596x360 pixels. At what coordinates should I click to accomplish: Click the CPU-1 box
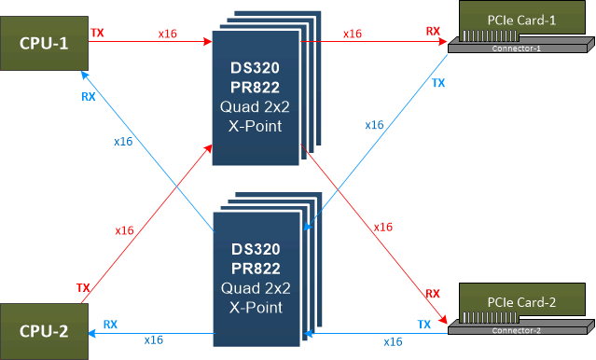(x=43, y=44)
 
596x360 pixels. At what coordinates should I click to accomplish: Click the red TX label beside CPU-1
(x=97, y=33)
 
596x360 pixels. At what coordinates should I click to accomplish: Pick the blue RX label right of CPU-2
(x=110, y=324)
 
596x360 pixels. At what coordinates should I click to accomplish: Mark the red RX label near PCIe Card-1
(x=433, y=32)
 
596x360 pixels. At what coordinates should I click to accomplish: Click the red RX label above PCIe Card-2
(x=433, y=293)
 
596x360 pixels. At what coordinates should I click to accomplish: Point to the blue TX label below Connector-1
(x=437, y=83)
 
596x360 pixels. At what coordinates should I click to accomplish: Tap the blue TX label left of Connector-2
(x=424, y=324)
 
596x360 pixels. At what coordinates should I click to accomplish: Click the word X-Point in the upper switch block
(x=256, y=124)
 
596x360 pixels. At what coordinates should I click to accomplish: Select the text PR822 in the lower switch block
(x=256, y=270)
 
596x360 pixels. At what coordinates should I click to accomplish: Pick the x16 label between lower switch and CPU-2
(x=155, y=340)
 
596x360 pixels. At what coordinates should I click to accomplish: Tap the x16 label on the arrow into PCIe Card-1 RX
(x=352, y=33)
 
